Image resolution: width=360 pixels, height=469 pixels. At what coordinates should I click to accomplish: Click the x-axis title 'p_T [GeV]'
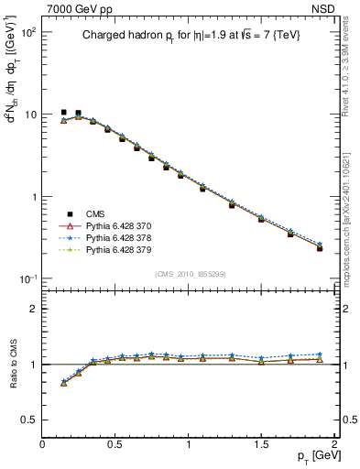(313, 455)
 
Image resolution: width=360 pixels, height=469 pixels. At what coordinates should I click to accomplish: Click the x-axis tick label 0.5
(115, 444)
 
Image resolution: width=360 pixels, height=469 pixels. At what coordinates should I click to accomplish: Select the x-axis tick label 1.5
(262, 444)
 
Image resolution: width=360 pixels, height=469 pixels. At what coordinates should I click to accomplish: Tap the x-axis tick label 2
(335, 444)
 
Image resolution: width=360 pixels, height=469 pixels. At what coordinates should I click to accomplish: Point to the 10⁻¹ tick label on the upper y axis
(27, 278)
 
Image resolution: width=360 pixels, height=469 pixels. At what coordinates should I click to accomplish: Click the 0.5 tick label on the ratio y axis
(29, 420)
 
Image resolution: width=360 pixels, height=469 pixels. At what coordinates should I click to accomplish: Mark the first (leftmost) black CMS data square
(63, 113)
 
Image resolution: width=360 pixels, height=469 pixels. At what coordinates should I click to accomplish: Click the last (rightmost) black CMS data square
(320, 248)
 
